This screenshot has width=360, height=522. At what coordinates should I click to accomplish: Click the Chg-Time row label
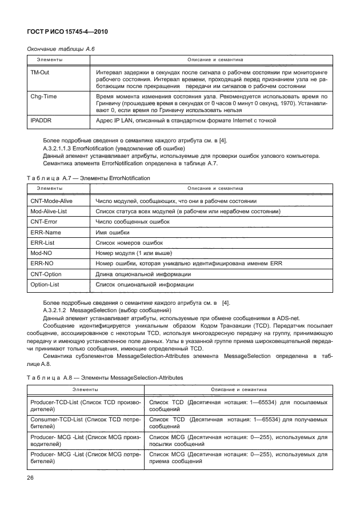point(43,97)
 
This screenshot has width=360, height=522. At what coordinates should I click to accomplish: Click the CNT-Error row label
point(43,222)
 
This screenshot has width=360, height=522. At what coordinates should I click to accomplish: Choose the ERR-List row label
point(42,242)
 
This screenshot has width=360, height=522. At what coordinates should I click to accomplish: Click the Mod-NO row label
point(41,253)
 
